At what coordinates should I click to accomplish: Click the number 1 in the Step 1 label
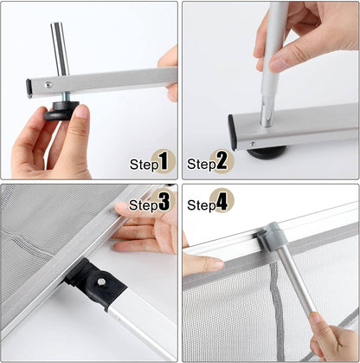164,161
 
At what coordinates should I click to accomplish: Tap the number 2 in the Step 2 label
221,161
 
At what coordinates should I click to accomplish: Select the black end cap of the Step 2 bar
235,130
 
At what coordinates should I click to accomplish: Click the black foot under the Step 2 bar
267,152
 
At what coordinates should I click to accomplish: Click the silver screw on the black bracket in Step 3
101,282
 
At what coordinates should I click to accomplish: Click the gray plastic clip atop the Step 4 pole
273,236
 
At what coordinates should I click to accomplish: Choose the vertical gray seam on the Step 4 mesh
276,303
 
